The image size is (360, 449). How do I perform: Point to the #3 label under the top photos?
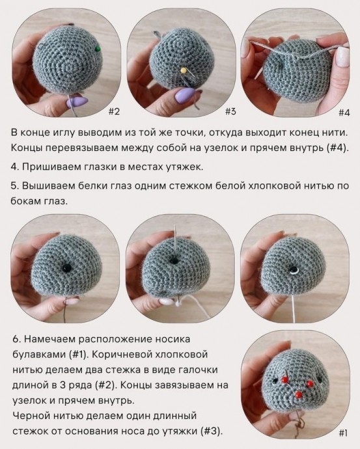(230, 111)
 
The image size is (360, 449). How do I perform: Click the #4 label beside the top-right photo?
(344, 111)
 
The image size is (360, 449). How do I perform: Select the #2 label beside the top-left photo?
(113, 111)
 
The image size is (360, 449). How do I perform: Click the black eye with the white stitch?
(295, 269)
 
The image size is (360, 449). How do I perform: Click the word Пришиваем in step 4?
(48, 165)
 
